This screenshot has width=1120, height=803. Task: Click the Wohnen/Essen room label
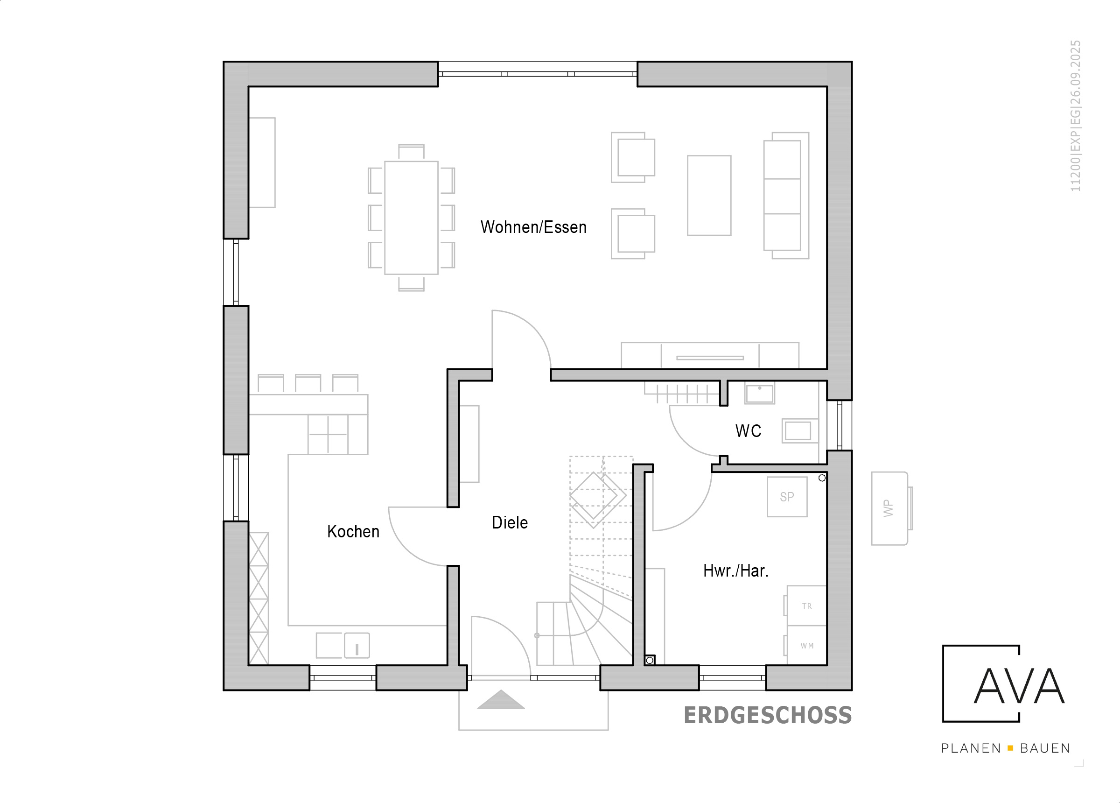pyautogui.click(x=533, y=227)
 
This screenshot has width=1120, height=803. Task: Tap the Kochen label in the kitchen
pyautogui.click(x=353, y=532)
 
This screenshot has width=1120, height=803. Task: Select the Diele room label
pyautogui.click(x=510, y=523)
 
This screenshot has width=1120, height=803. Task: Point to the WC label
pyautogui.click(x=748, y=431)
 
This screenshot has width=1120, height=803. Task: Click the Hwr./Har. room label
pyautogui.click(x=736, y=571)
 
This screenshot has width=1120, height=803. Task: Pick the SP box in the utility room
pyautogui.click(x=787, y=497)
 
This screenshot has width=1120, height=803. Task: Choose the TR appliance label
pyautogui.click(x=807, y=606)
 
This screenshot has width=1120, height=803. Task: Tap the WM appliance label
pyautogui.click(x=807, y=646)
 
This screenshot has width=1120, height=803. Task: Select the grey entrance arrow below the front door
pyautogui.click(x=501, y=700)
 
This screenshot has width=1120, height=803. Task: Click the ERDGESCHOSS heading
pyautogui.click(x=768, y=716)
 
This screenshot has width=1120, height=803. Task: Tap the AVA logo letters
pyautogui.click(x=1019, y=686)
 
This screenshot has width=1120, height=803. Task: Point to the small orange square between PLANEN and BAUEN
pyautogui.click(x=1010, y=749)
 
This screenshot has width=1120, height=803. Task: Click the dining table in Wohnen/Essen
pyautogui.click(x=411, y=218)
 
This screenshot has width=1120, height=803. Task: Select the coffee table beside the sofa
pyautogui.click(x=709, y=196)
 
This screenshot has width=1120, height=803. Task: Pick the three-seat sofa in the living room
pyautogui.click(x=786, y=196)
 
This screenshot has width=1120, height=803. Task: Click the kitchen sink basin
pyautogui.click(x=357, y=645)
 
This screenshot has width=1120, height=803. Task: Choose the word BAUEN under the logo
pyautogui.click(x=1045, y=749)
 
